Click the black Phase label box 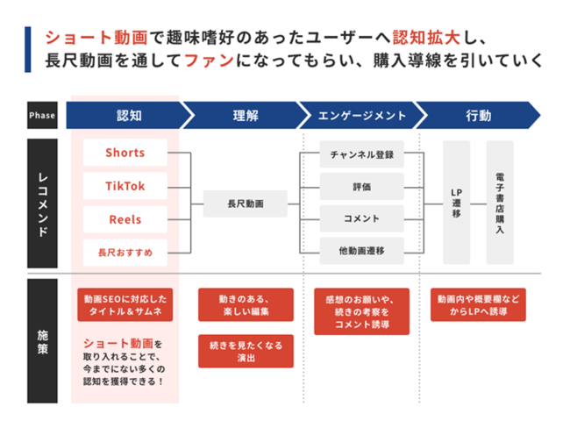pyautogui.click(x=42, y=115)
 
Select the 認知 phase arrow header pyautogui.click(x=129, y=115)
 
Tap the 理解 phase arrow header pyautogui.click(x=246, y=115)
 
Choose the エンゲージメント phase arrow pyautogui.click(x=362, y=115)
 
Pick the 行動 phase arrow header pyautogui.click(x=479, y=115)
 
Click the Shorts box pyautogui.click(x=125, y=153)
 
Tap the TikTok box pyautogui.click(x=125, y=186)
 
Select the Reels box pyautogui.click(x=125, y=219)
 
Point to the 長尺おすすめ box pyautogui.click(x=125, y=253)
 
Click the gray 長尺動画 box pyautogui.click(x=246, y=203)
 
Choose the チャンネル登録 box pyautogui.click(x=361, y=154)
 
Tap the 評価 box pyautogui.click(x=361, y=187)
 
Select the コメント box pyautogui.click(x=361, y=218)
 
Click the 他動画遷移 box pyautogui.click(x=361, y=251)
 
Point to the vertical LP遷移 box pyautogui.click(x=457, y=203)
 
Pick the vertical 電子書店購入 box pyautogui.click(x=500, y=203)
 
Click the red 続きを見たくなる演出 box pyautogui.click(x=246, y=352)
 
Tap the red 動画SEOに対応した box pyautogui.click(x=125, y=304)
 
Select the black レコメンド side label pyautogui.click(x=42, y=203)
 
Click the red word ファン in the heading pyautogui.click(x=209, y=61)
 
